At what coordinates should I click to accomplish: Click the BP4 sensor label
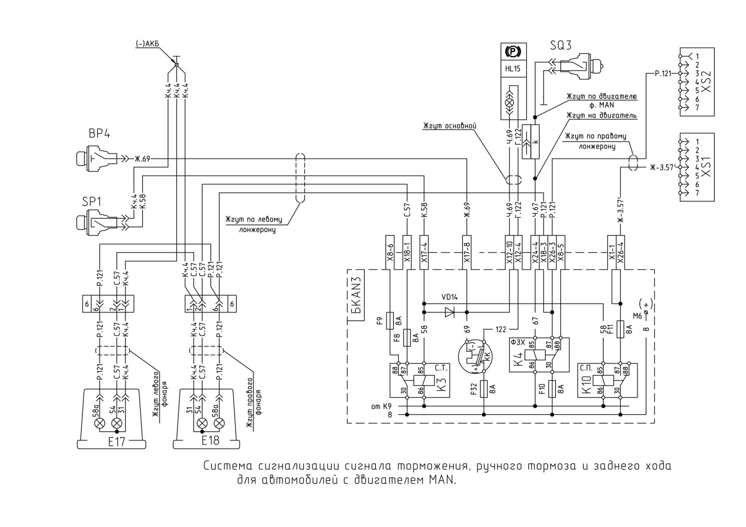[99, 134]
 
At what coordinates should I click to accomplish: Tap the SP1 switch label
[91, 202]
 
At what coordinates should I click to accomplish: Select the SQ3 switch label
[560, 45]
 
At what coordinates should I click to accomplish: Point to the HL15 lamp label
[512, 69]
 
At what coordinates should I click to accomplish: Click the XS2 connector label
[705, 81]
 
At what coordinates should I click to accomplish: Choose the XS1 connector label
[705, 167]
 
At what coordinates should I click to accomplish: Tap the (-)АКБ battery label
[147, 44]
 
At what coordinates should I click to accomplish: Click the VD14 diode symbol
[450, 312]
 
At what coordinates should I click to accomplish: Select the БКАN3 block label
[356, 295]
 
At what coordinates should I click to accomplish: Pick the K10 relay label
[587, 384]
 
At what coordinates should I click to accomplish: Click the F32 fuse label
[475, 389]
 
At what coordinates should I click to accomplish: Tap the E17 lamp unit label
[116, 442]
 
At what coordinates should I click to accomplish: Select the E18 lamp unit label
[211, 440]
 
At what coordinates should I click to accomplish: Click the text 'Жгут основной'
[449, 126]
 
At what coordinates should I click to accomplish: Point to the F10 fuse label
[542, 389]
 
